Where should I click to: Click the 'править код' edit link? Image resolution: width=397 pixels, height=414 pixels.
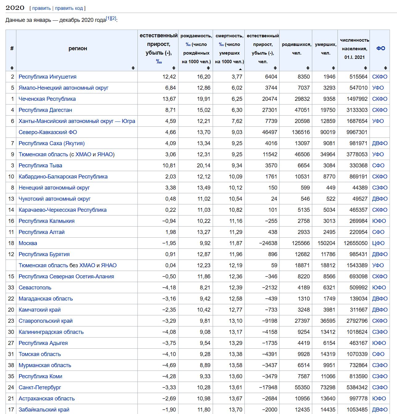(x=69, y=8)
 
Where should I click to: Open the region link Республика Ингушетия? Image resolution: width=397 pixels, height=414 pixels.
(x=47, y=77)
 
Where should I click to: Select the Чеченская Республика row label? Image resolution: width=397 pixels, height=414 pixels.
(x=47, y=99)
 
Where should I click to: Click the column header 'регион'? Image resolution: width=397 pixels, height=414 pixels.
(x=78, y=48)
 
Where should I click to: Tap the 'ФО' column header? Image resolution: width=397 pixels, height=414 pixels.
(x=381, y=48)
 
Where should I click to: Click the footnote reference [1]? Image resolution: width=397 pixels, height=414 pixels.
(x=108, y=18)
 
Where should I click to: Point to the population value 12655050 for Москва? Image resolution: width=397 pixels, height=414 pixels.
(x=355, y=243)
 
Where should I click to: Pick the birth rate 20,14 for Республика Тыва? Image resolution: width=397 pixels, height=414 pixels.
(x=203, y=166)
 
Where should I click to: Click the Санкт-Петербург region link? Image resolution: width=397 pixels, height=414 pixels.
(x=40, y=387)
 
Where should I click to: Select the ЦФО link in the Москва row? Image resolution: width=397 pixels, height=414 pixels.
(x=378, y=243)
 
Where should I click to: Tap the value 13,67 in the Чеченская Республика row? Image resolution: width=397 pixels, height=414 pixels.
(x=169, y=99)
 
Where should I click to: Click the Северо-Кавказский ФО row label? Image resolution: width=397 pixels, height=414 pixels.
(x=48, y=132)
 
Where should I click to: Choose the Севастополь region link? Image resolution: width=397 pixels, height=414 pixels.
(x=35, y=288)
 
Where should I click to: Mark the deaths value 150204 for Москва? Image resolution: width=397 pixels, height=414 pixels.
(x=326, y=243)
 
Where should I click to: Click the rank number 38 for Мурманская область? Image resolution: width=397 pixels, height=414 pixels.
(x=11, y=365)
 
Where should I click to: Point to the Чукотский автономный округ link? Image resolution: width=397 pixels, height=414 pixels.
(x=55, y=199)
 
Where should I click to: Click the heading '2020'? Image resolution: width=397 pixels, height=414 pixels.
(x=15, y=8)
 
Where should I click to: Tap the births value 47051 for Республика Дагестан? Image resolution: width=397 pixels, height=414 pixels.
(x=302, y=110)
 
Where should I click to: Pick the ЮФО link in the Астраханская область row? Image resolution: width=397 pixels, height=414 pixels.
(x=379, y=399)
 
